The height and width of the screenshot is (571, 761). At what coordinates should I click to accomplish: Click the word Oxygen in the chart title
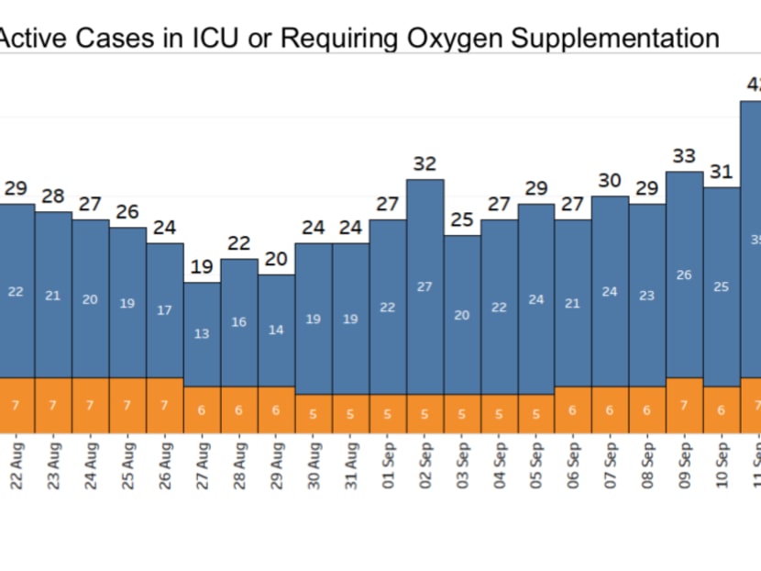pyautogui.click(x=452, y=39)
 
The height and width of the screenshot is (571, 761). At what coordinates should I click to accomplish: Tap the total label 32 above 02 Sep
pyautogui.click(x=425, y=163)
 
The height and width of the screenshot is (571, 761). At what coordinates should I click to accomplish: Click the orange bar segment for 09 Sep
pyautogui.click(x=684, y=405)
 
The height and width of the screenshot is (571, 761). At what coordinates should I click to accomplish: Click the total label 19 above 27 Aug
pyautogui.click(x=202, y=267)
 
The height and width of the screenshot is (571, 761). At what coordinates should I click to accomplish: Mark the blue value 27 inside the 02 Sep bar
pyautogui.click(x=425, y=286)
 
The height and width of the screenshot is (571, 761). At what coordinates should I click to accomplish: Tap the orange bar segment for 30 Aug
pyautogui.click(x=314, y=413)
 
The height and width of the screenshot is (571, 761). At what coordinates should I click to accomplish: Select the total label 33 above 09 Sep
pyautogui.click(x=684, y=156)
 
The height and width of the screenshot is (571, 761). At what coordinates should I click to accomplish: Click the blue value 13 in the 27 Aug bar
pyautogui.click(x=202, y=334)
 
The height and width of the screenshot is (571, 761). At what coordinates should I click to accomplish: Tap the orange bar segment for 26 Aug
pyautogui.click(x=165, y=405)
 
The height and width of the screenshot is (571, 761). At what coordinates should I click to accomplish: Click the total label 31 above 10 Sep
pyautogui.click(x=722, y=172)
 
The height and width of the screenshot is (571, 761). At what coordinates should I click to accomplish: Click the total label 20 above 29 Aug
pyautogui.click(x=276, y=260)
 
